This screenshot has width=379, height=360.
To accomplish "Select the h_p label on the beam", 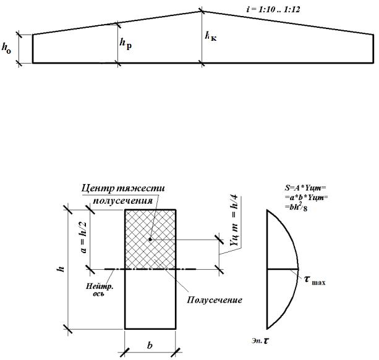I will click(x=125, y=44).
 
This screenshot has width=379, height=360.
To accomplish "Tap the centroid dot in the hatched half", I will click(x=150, y=238).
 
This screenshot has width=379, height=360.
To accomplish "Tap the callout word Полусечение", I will click(x=214, y=300).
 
